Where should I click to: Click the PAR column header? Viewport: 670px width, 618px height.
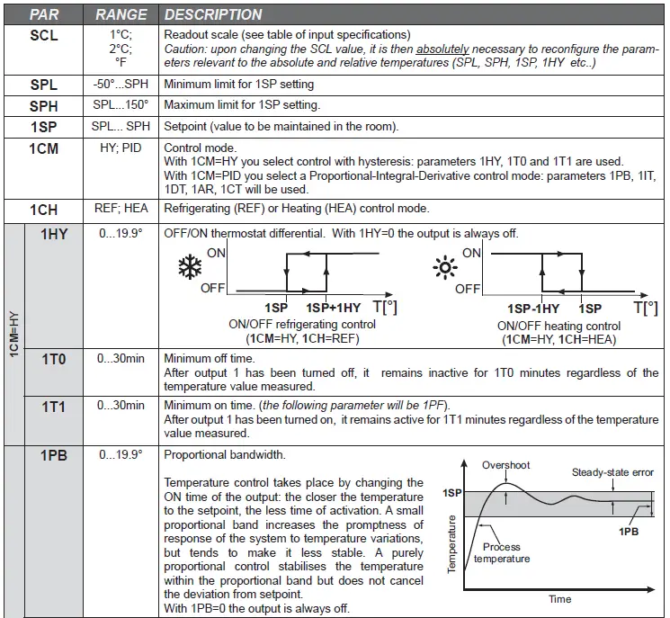pos(45,14)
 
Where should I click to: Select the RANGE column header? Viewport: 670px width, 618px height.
pos(121,14)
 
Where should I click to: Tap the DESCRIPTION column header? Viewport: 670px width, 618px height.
pos(213,14)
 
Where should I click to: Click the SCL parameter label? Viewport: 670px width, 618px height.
pos(44,35)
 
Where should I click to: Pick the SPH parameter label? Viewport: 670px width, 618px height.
pos(44,105)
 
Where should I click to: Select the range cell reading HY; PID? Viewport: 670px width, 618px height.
pos(121,147)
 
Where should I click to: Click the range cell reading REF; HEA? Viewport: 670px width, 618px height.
pos(121,209)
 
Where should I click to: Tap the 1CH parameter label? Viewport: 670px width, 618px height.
pos(44,210)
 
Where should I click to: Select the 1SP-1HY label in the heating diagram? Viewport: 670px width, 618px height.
pos(532,308)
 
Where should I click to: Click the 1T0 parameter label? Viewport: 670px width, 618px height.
pos(54,359)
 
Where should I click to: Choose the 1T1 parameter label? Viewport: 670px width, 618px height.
pos(54,407)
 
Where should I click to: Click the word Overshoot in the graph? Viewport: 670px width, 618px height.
pos(506,464)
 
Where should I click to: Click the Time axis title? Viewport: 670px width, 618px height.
pos(559,599)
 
